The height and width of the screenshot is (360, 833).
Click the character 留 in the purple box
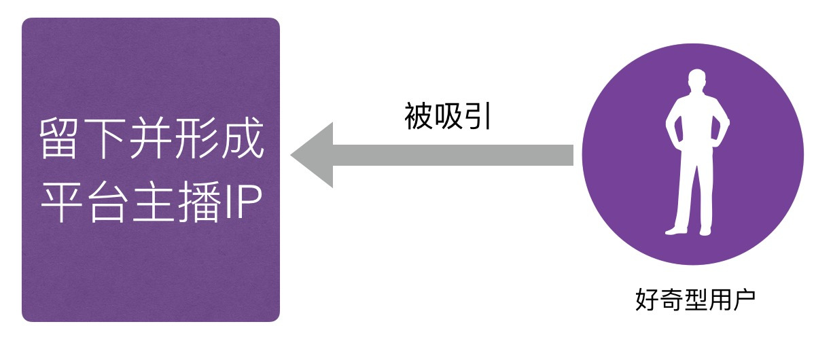pos(58,139)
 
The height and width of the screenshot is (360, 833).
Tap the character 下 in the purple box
pos(104,139)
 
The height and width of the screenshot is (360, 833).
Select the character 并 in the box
pos(150,139)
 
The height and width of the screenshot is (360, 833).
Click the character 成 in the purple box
pos(243,139)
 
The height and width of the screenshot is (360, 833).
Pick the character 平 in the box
pos(61,202)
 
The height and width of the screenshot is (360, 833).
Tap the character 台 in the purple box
pos(107,202)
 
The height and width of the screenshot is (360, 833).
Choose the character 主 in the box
pos(153,202)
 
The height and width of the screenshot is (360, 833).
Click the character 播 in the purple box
pos(199,202)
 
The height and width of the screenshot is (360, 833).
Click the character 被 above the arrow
pos(418,116)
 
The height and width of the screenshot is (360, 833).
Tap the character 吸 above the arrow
pos(448,116)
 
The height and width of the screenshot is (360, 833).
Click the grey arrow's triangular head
pos(316,155)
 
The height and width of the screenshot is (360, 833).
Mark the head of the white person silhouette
pos(697,80)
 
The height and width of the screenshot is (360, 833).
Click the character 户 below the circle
pos(744,300)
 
